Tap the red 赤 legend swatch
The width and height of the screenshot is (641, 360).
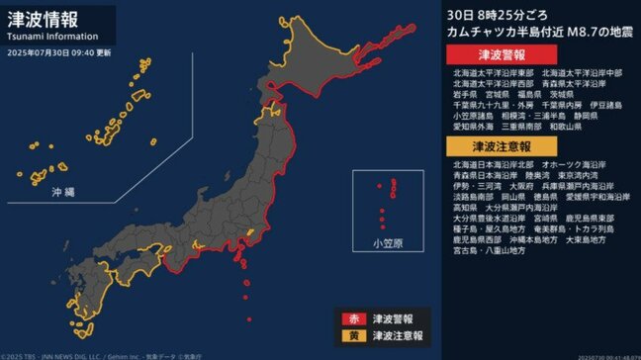pyautogui.click(x=350, y=318)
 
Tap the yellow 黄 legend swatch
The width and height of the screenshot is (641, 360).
pyautogui.click(x=350, y=336)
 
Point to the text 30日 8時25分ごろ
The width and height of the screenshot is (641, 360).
pyautogui.click(x=485, y=16)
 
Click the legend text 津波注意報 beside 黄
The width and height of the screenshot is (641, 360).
pyautogui.click(x=396, y=336)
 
